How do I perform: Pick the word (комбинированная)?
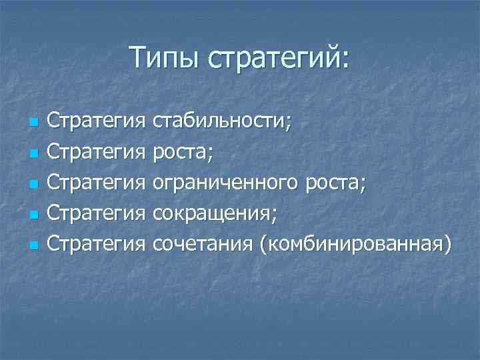point(355,244)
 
